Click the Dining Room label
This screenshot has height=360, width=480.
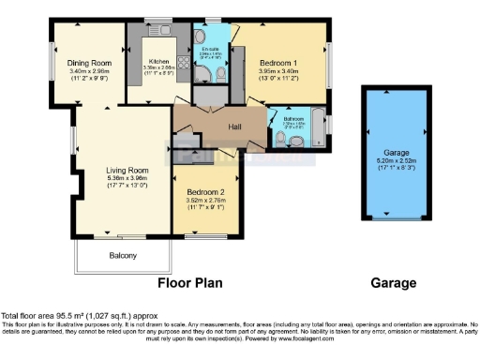(x=89, y=63)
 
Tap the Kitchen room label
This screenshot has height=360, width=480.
(x=158, y=61)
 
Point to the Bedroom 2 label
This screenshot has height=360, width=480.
(x=206, y=188)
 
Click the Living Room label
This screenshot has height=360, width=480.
(x=123, y=170)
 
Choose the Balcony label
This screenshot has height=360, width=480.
(x=122, y=256)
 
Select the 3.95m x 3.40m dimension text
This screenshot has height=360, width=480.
(x=278, y=71)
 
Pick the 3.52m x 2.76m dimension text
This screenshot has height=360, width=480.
(x=206, y=198)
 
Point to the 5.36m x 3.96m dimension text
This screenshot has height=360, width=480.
(x=123, y=178)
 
